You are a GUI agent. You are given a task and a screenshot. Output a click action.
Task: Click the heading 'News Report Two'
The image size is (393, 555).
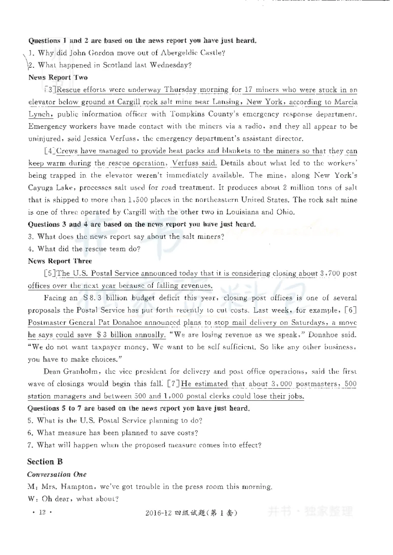(58, 77)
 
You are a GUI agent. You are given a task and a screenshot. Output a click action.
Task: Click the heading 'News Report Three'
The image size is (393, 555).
(60, 261)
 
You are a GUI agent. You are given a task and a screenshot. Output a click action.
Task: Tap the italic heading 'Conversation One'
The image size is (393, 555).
(56, 474)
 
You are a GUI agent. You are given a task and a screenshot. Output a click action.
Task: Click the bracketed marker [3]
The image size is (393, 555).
(50, 90)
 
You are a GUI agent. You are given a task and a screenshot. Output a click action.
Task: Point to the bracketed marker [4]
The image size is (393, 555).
(50, 151)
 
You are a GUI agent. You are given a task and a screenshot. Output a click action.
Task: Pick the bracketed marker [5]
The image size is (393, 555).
(50, 273)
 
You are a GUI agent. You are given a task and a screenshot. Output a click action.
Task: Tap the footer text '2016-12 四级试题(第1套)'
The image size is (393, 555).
(192, 513)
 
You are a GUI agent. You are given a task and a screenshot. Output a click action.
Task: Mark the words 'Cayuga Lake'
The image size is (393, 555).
(49, 188)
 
